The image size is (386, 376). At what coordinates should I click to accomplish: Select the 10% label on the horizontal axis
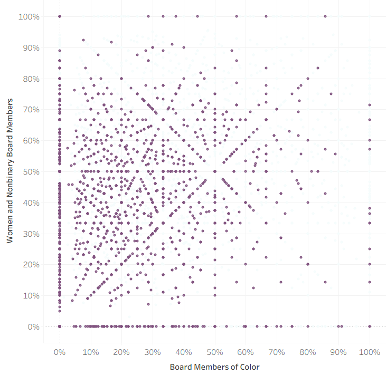pos(91,351)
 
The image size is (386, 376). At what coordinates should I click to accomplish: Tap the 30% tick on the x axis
pos(153,351)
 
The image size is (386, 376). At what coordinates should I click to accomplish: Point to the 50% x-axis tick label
pos(215,351)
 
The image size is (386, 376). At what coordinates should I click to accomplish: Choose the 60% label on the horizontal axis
pos(246,351)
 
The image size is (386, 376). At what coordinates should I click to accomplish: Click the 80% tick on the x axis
pos(308,351)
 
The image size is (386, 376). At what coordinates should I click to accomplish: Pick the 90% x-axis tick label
pos(338,351)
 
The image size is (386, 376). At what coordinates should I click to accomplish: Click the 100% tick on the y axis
pos(29,17)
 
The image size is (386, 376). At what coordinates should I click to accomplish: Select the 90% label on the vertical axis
pos(31,48)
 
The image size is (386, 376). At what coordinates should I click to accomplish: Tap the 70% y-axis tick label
pos(31,110)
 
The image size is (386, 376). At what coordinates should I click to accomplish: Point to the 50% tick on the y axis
pos(31,171)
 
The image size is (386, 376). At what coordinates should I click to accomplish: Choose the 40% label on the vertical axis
pos(31,203)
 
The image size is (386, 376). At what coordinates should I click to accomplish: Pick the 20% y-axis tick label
pos(31,265)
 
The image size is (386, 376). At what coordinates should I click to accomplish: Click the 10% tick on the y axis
pos(31,295)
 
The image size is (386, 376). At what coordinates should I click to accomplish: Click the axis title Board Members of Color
pos(214,367)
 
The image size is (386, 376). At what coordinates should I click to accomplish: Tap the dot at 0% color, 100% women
pos(60,16)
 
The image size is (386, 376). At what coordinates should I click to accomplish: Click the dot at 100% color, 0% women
pos(370,326)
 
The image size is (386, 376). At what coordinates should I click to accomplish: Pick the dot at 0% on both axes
pos(60,326)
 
